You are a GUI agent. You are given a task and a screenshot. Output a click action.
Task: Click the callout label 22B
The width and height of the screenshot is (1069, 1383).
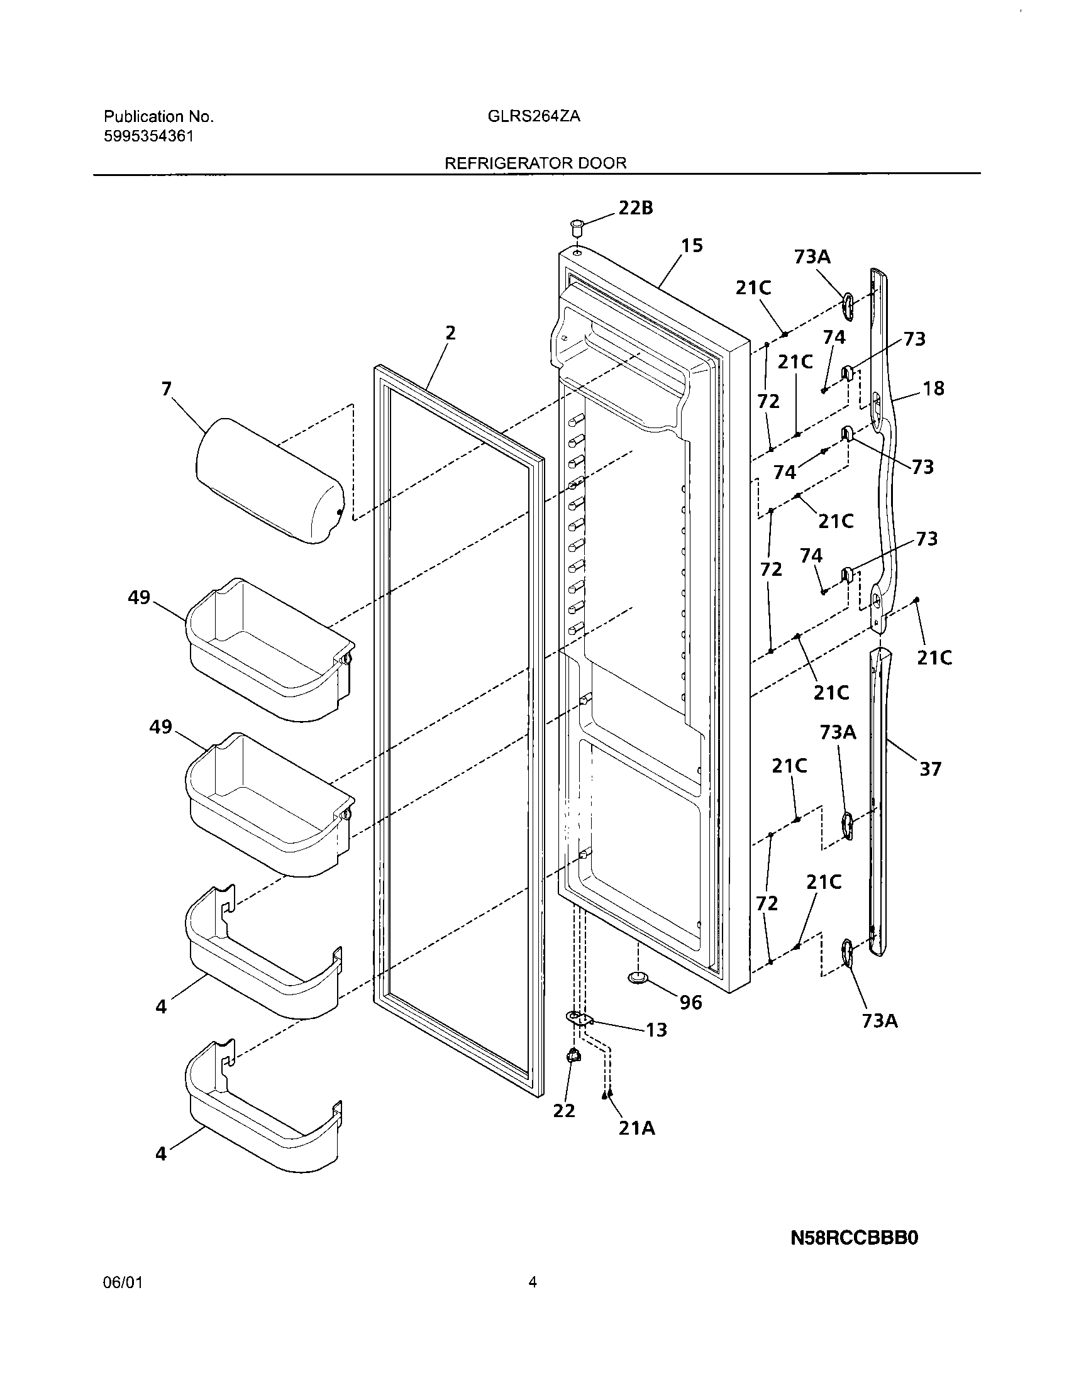[635, 207]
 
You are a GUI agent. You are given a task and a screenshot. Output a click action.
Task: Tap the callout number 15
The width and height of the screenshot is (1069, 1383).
[692, 246]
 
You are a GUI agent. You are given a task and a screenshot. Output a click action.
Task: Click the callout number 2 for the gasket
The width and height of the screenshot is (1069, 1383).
[450, 333]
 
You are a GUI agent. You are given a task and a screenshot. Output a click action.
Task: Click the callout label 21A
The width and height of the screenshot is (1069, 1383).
[636, 1128]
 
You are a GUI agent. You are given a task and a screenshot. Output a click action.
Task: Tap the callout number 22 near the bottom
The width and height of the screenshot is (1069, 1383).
[563, 1111]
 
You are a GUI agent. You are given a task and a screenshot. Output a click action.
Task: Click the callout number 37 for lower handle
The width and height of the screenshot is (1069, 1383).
[929, 769]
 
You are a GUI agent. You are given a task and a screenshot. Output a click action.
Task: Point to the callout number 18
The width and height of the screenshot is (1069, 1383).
[933, 388]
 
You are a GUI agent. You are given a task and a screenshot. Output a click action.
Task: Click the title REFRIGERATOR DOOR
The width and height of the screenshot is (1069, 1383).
[535, 163]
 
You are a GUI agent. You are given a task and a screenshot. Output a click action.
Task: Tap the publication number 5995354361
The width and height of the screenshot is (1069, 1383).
[149, 136]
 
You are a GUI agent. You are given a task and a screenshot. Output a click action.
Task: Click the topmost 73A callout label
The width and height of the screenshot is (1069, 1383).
[812, 257]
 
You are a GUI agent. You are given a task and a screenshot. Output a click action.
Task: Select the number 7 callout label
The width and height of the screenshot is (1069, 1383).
[167, 388]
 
